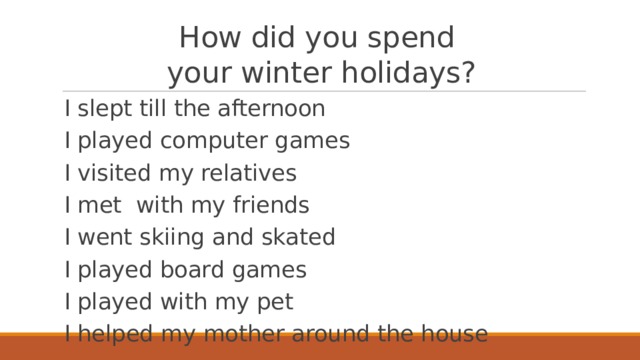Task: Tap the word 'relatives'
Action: [x=249, y=173]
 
